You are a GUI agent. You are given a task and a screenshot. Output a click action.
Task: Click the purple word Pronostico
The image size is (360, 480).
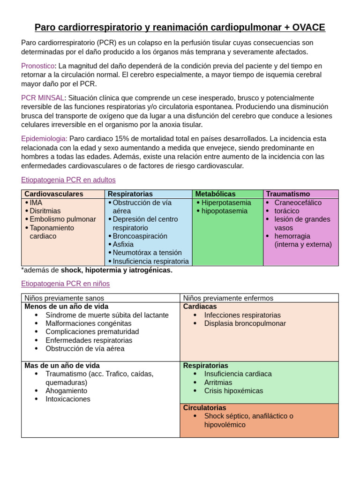point(38,66)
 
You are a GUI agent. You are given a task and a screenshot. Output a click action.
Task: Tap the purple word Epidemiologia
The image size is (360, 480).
point(44,139)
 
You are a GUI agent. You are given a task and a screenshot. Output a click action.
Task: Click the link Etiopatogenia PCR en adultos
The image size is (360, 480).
point(68,180)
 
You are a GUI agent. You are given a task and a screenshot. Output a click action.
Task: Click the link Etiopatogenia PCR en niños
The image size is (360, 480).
point(65,284)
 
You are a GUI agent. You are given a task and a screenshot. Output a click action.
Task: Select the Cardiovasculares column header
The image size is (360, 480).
point(53,194)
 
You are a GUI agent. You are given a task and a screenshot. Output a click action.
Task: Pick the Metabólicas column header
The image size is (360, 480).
point(215,194)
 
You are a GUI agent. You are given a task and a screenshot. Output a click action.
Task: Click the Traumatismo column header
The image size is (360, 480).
point(288,194)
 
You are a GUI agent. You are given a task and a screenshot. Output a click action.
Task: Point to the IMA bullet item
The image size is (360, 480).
point(36,202)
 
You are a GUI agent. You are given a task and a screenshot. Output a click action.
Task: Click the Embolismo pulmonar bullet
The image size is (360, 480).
point(62,219)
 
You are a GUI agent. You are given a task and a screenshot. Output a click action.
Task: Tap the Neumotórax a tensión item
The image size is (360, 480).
point(147,253)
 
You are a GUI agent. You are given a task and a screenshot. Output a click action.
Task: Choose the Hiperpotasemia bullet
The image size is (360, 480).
point(226,202)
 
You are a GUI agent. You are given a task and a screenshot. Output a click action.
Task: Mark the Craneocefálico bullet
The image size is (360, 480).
point(298,202)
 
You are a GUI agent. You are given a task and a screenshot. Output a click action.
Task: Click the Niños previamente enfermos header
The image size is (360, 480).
point(228,298)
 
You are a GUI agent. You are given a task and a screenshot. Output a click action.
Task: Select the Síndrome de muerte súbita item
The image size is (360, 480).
point(106,315)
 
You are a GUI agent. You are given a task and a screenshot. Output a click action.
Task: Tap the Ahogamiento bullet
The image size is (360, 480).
point(66,391)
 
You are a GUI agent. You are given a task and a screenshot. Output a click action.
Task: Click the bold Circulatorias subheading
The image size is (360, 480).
point(204,408)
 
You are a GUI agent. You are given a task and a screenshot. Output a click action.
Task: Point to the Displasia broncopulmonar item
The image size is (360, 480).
point(245,323)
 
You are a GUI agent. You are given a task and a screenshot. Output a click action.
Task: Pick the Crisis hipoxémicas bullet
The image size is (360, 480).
point(233,391)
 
